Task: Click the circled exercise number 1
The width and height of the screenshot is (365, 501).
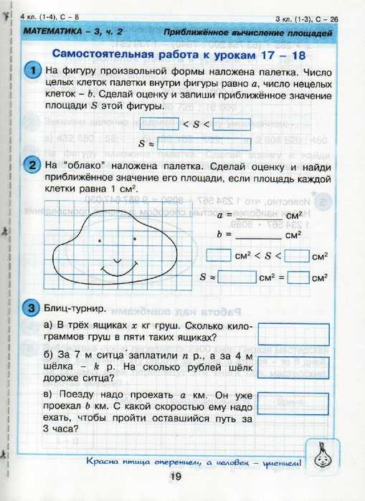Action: (x=33, y=71)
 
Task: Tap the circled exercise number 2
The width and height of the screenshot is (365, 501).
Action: (x=33, y=166)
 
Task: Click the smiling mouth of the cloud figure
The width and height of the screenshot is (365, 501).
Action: (x=117, y=269)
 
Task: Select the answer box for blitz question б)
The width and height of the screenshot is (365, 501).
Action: (x=293, y=366)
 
